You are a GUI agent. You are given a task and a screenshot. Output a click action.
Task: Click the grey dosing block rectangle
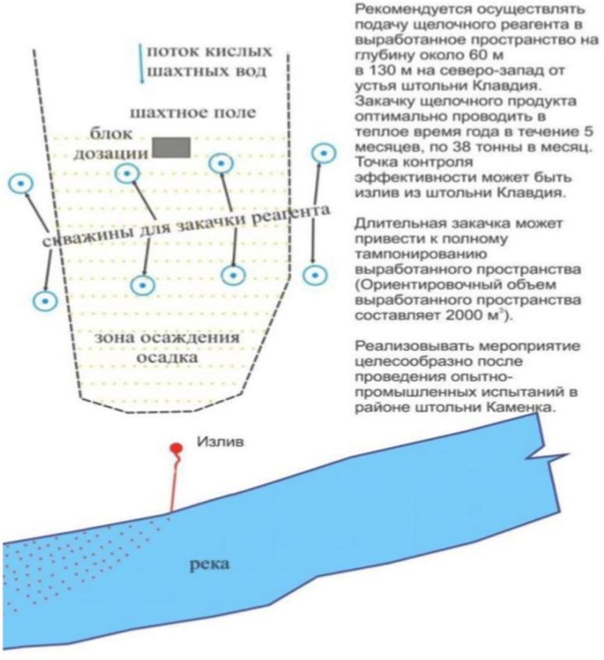point(171,146)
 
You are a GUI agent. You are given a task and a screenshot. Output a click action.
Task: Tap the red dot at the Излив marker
point(177,448)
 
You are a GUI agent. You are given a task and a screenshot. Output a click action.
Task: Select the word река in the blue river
point(210,563)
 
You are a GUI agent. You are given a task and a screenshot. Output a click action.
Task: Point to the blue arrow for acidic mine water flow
point(141,62)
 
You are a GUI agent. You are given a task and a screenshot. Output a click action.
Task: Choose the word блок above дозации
point(111,134)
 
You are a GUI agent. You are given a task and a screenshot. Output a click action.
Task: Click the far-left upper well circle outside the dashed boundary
point(19,184)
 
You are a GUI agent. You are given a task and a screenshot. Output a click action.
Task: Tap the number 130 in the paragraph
point(381,70)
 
